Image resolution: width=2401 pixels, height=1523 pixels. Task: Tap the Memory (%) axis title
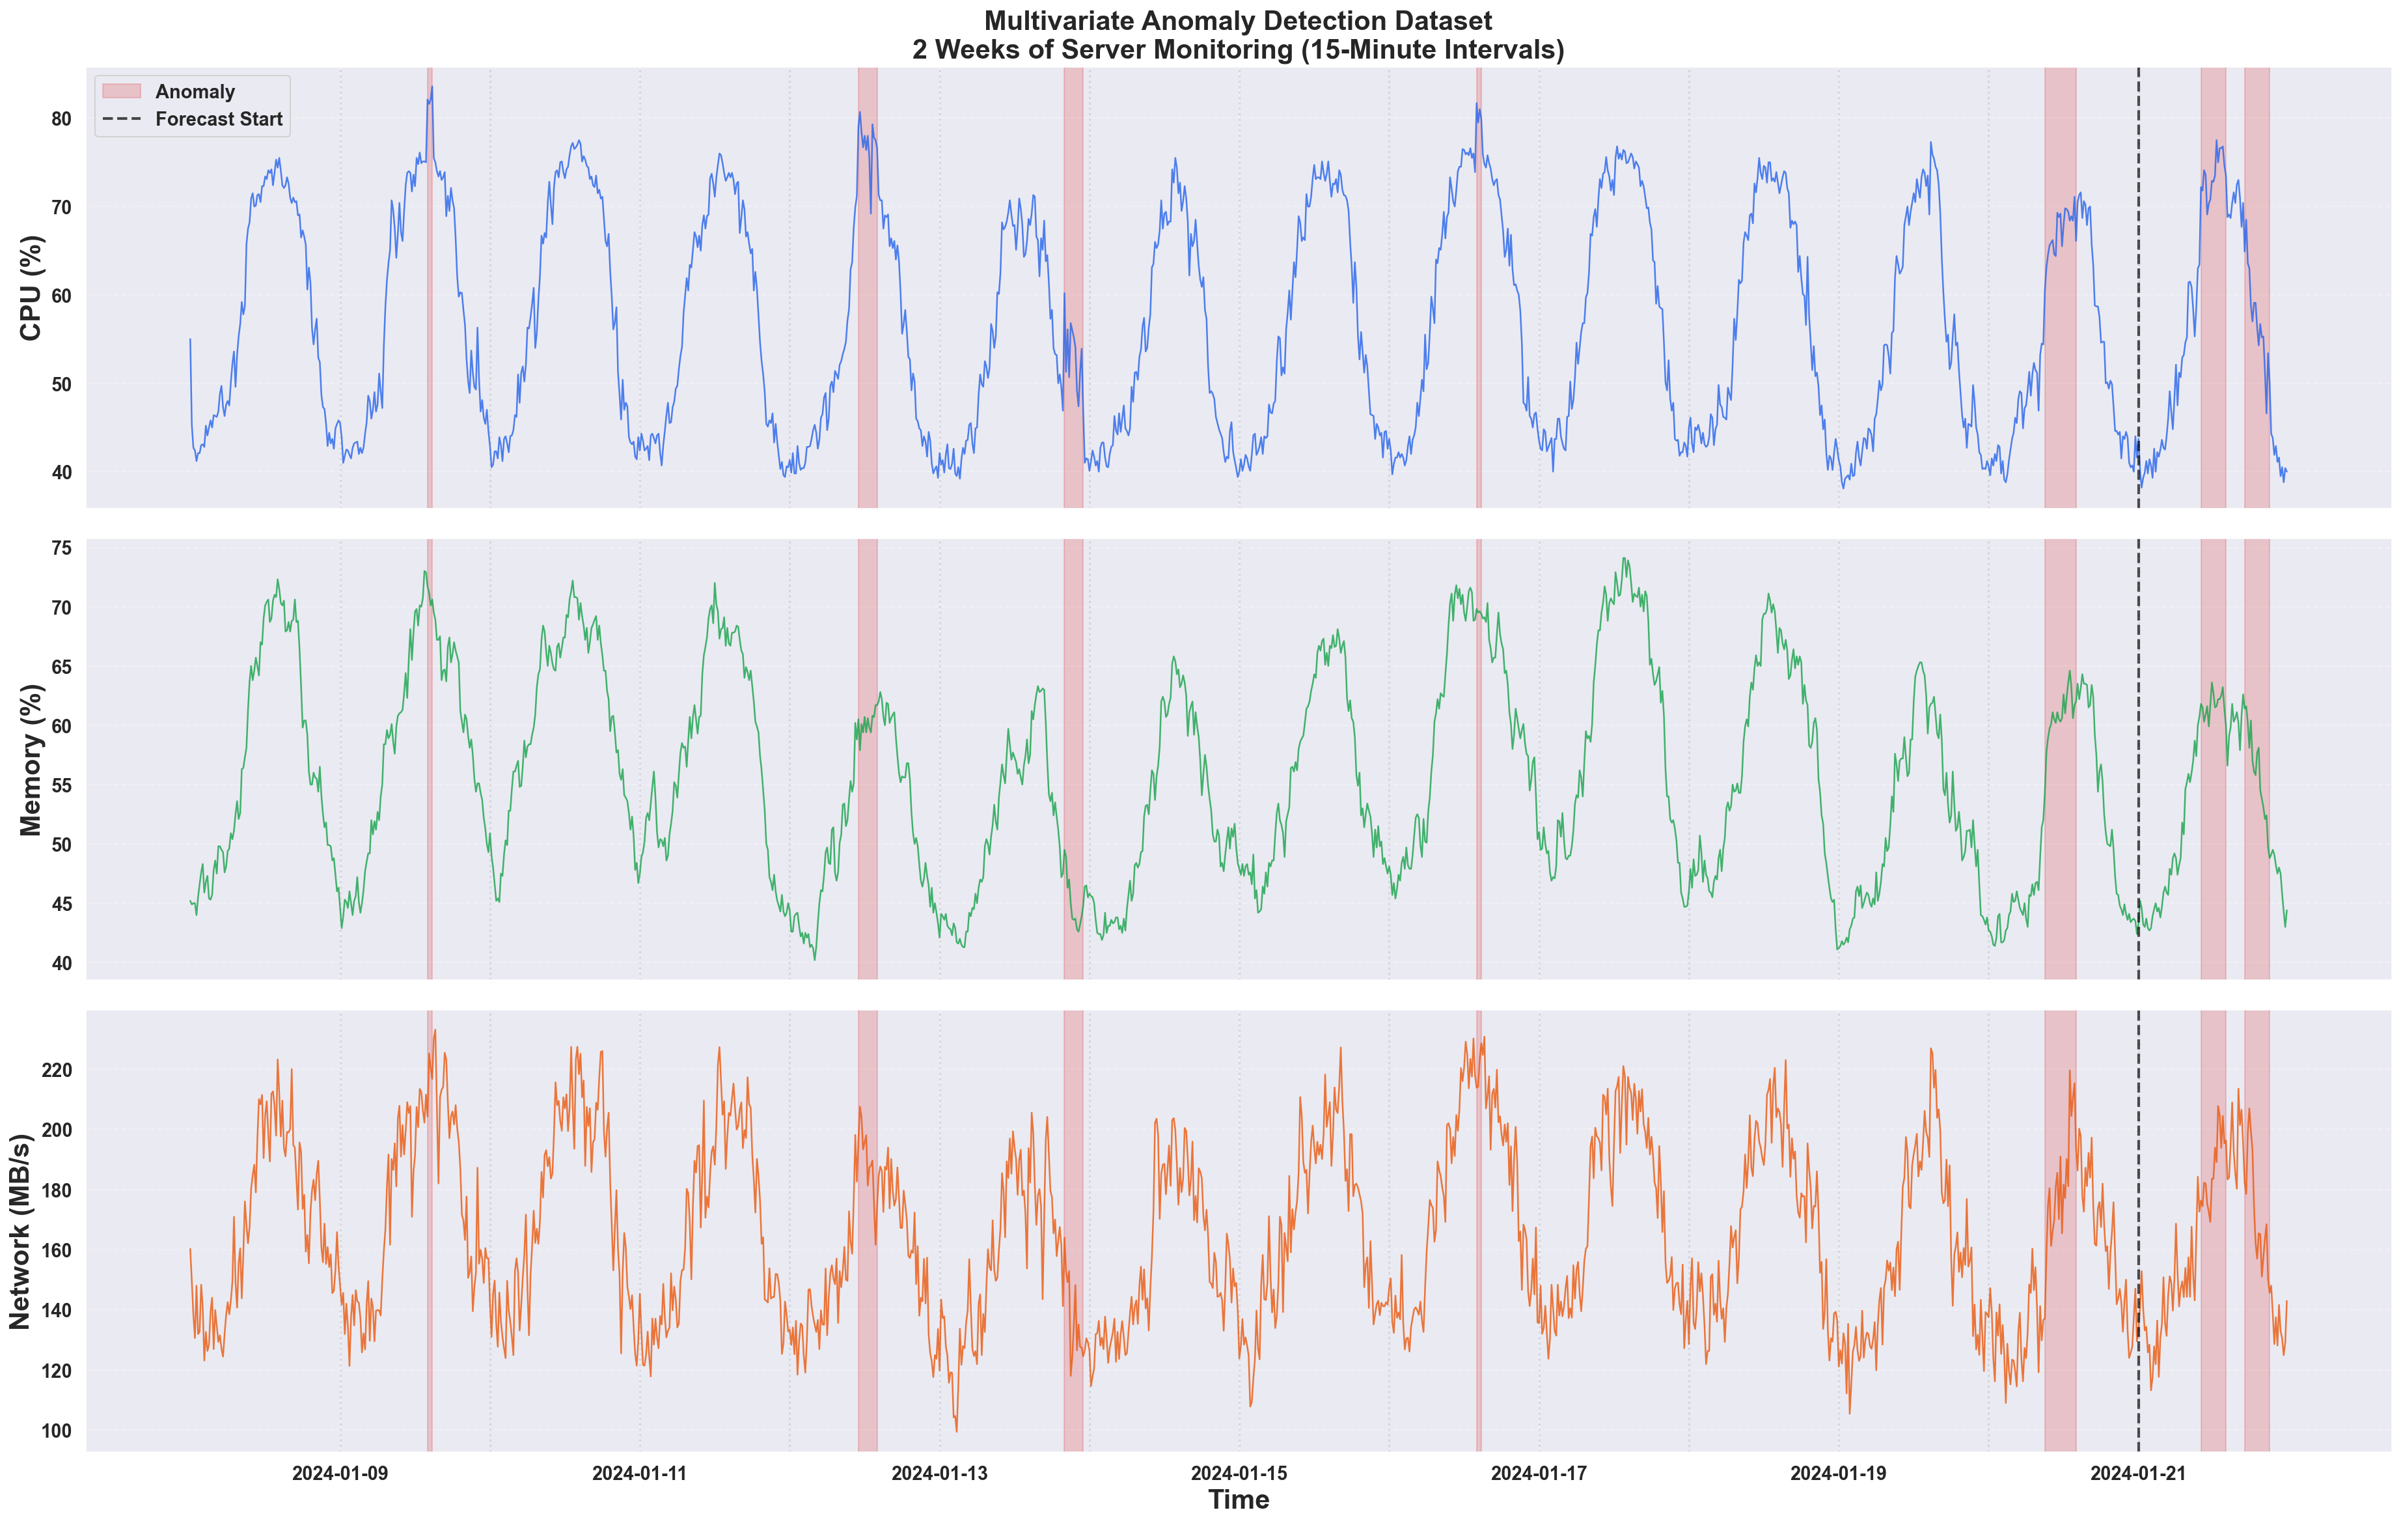[x=32, y=759]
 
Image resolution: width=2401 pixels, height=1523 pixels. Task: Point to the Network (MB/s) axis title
[x=20, y=1231]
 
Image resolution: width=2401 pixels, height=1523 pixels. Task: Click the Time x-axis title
[x=1239, y=1499]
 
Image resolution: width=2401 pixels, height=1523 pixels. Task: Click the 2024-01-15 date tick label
[x=1239, y=1473]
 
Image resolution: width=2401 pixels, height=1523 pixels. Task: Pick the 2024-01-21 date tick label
[x=2138, y=1473]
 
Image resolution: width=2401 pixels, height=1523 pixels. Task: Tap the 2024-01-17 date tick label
[x=1539, y=1473]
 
